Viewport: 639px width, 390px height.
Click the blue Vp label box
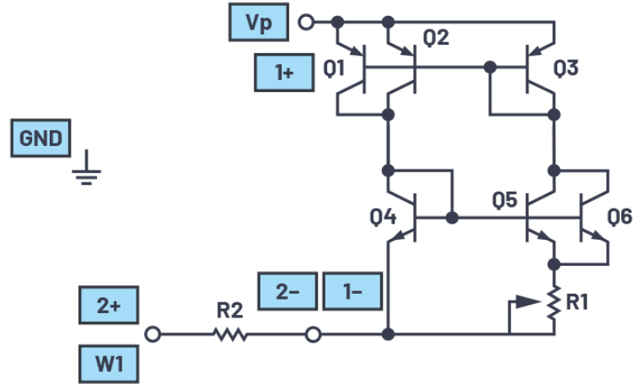tap(259, 23)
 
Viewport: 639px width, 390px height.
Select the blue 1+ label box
tap(284, 72)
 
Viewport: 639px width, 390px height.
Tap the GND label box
tap(40, 138)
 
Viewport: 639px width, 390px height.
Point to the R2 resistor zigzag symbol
tap(229, 335)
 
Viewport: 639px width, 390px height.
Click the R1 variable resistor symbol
tap(554, 303)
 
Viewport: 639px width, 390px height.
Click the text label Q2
tap(436, 37)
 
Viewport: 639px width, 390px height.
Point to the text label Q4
tap(382, 218)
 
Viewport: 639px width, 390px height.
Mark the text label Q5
tap(505, 201)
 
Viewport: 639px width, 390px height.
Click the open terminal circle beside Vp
tap(307, 23)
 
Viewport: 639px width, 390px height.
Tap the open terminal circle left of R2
tap(153, 335)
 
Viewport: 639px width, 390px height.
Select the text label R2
tap(229, 311)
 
